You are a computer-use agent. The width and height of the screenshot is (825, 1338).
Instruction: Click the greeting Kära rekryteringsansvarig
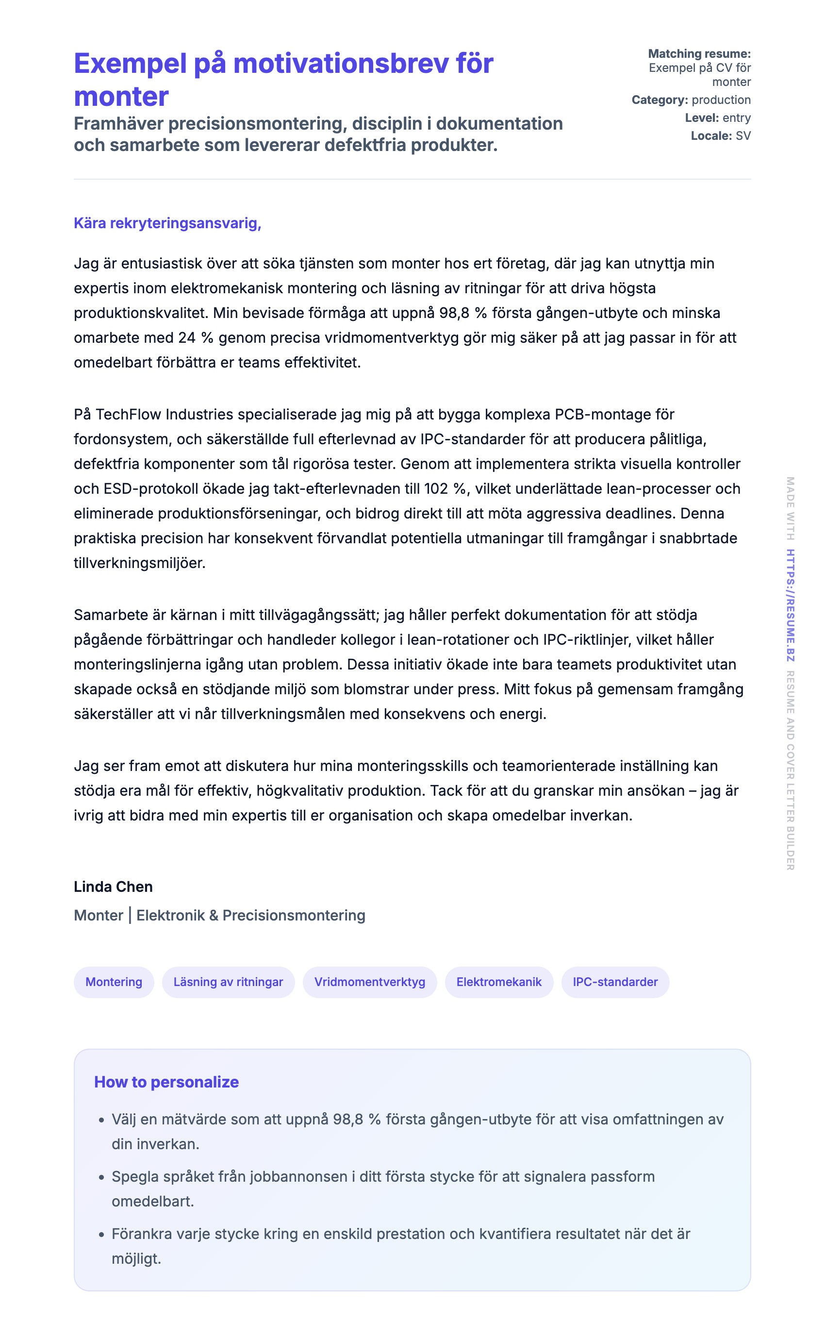click(x=167, y=223)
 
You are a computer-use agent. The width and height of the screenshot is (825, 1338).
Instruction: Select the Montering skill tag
click(x=114, y=982)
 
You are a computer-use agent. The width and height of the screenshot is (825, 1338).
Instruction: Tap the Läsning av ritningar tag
click(x=228, y=982)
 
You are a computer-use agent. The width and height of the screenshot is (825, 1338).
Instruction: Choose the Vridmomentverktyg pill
click(x=369, y=982)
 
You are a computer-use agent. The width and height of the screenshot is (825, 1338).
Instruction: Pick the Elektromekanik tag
click(x=499, y=982)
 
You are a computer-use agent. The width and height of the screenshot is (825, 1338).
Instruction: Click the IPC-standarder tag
click(x=615, y=982)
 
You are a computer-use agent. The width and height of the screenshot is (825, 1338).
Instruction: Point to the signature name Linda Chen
click(x=113, y=886)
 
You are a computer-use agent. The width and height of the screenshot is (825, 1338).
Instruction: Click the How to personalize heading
click(x=166, y=1082)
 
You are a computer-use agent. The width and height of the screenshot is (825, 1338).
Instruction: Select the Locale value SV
click(x=742, y=136)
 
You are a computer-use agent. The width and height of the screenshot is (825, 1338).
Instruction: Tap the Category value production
click(x=721, y=100)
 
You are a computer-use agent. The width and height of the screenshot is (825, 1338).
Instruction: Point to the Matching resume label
click(x=699, y=53)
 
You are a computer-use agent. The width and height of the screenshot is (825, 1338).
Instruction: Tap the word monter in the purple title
click(x=121, y=97)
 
